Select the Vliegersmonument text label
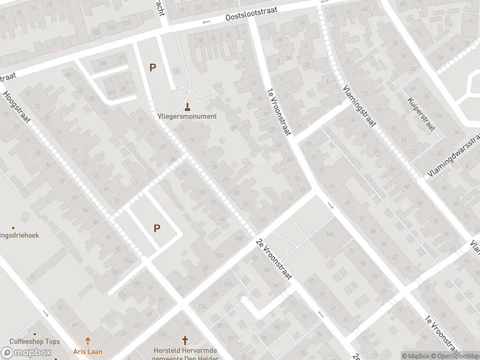click(x=187, y=116)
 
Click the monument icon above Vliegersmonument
click(x=188, y=107)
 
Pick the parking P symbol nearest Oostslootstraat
click(x=152, y=68)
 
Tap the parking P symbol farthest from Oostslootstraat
click(x=157, y=228)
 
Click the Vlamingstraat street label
click(x=359, y=106)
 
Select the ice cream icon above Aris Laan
click(x=89, y=340)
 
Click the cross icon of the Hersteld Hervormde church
click(x=185, y=340)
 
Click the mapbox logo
click(x=26, y=353)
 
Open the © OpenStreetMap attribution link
click(x=455, y=355)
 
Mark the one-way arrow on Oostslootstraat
click(x=206, y=22)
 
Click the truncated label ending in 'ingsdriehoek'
click(x=19, y=235)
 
